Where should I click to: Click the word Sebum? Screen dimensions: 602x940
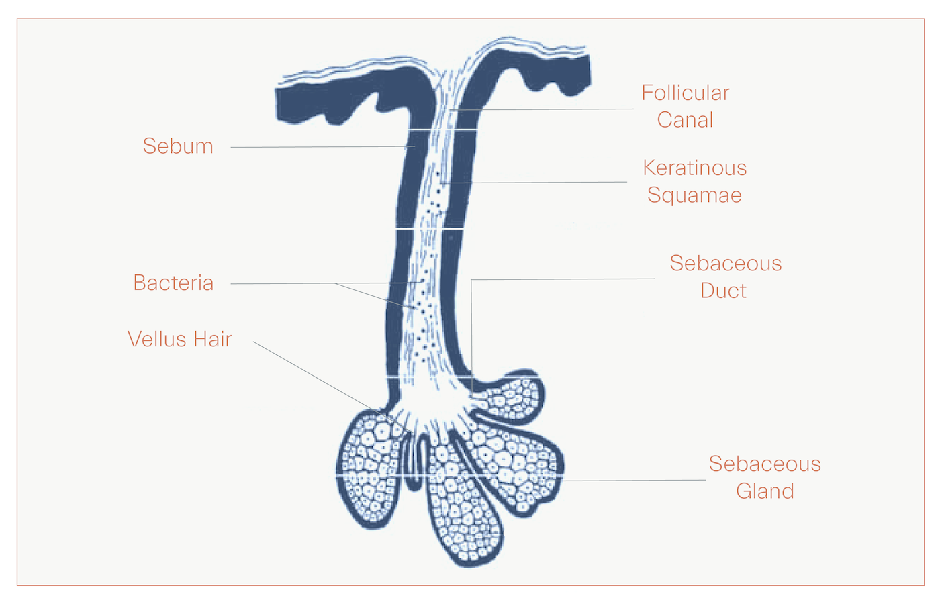pyautogui.click(x=178, y=146)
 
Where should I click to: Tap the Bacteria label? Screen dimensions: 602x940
pyautogui.click(x=173, y=283)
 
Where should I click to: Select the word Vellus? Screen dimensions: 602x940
pyautogui.click(x=154, y=339)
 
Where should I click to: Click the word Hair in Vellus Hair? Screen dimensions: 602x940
pyautogui.click(x=212, y=339)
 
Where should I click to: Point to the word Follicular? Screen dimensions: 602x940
pyautogui.click(x=685, y=93)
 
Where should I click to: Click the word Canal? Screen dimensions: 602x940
pyautogui.click(x=685, y=120)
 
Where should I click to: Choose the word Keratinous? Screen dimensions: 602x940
pyautogui.click(x=694, y=168)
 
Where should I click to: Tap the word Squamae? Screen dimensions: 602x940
pyautogui.click(x=694, y=195)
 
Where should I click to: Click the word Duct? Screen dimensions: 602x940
pyautogui.click(x=723, y=291)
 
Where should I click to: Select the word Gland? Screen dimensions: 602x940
pyautogui.click(x=765, y=491)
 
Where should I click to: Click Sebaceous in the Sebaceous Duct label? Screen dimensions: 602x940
pyautogui.click(x=725, y=263)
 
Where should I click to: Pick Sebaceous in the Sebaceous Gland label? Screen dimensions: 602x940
pyautogui.click(x=765, y=464)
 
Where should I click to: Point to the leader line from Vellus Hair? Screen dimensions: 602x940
pyautogui.click(x=316, y=376)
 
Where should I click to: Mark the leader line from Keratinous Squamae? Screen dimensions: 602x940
pyautogui.click(x=537, y=182)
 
